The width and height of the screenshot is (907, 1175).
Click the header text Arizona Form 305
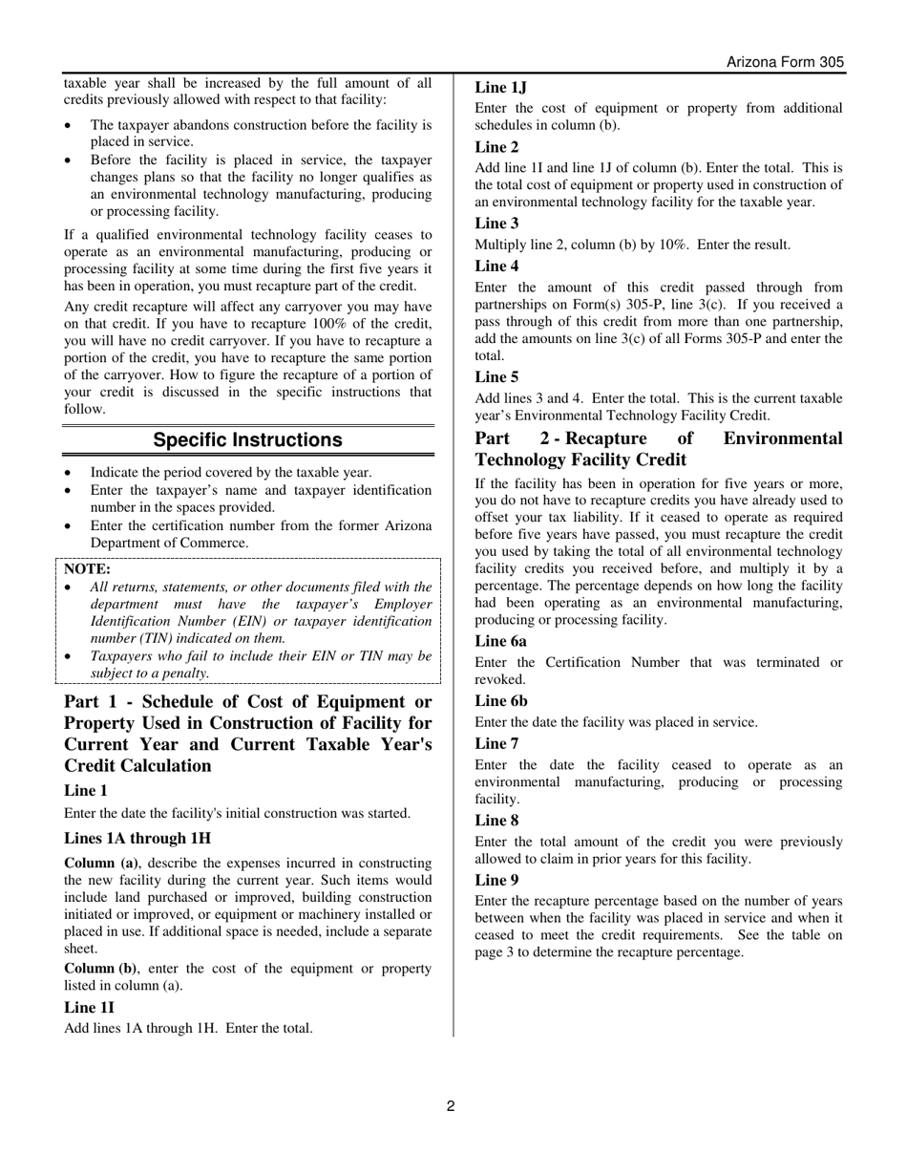[x=785, y=62]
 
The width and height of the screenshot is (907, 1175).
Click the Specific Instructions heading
[x=247, y=440]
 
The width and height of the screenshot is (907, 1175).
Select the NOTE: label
[x=87, y=568]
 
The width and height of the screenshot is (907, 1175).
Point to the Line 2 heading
[x=497, y=147]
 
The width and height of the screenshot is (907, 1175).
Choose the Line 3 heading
[x=497, y=224]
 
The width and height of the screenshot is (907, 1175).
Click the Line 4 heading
[x=497, y=267]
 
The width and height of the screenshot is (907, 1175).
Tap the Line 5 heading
[x=497, y=377]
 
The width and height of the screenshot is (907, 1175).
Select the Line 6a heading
[x=501, y=642]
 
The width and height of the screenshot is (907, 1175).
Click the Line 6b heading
[x=501, y=701]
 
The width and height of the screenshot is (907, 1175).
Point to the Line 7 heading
[x=497, y=743]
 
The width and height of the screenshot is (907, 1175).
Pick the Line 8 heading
[x=497, y=821]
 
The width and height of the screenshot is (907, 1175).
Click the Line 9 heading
[x=497, y=880]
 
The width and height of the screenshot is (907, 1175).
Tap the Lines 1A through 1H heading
[x=137, y=839]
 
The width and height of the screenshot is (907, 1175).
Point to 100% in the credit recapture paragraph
[x=330, y=324]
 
